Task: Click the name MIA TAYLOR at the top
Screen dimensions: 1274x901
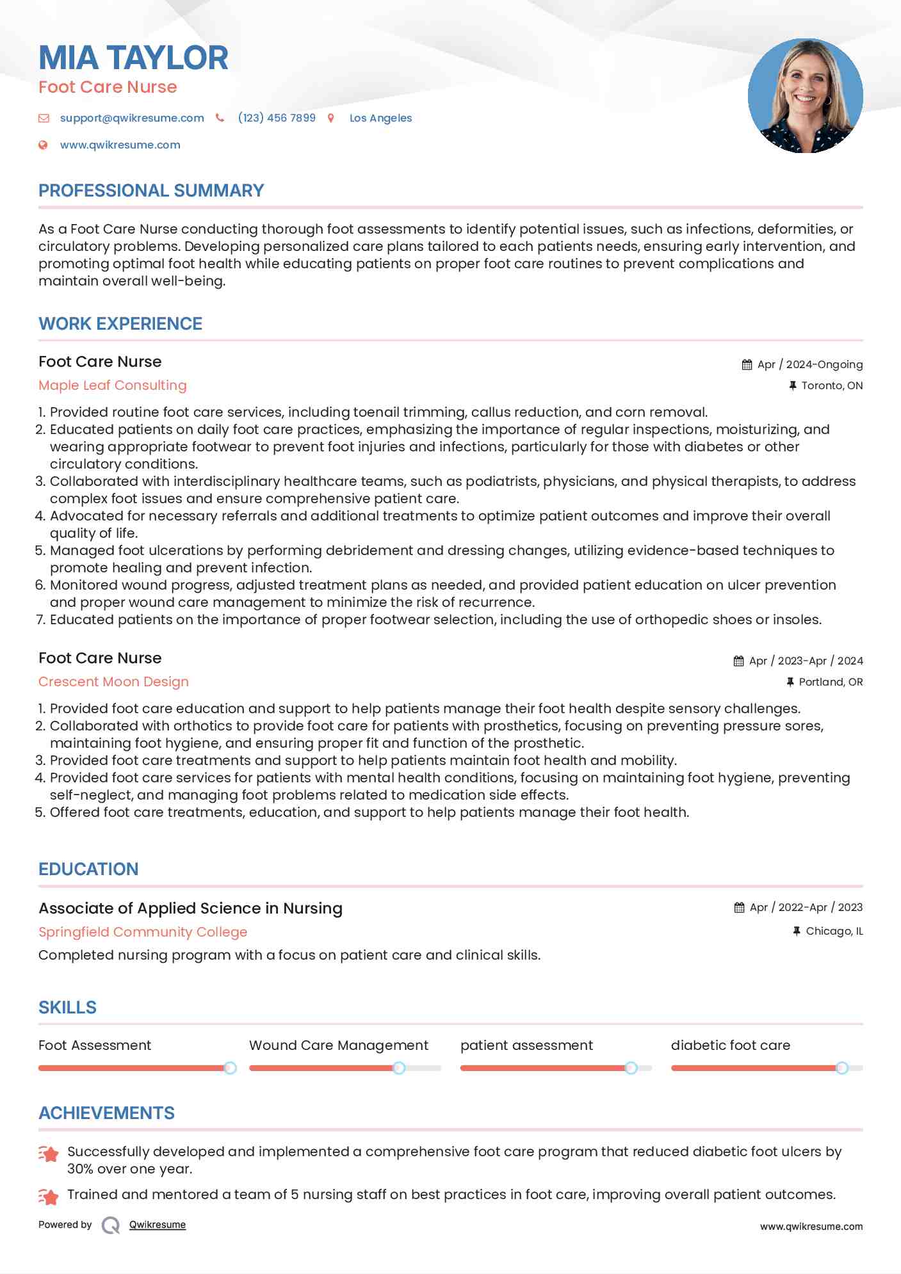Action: (133, 58)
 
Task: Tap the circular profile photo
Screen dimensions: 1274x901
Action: (805, 96)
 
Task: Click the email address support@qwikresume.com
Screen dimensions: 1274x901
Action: (132, 118)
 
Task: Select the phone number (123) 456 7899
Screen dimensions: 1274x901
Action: (277, 118)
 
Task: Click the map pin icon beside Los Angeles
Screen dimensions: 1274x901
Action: (331, 118)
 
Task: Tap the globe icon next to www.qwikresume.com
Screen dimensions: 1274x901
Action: (43, 145)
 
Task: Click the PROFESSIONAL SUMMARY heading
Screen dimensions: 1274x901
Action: (151, 191)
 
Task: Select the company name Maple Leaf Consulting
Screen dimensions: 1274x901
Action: (113, 385)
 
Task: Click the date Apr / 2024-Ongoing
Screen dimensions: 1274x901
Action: (809, 364)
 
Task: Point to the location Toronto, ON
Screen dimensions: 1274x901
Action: (831, 385)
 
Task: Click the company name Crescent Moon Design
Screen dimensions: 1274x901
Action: (113, 682)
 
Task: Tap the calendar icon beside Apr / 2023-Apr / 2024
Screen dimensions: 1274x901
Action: (738, 661)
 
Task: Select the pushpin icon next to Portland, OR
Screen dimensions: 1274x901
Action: (790, 682)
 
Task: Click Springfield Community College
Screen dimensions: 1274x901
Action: (143, 932)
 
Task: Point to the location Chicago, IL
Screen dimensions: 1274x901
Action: (834, 931)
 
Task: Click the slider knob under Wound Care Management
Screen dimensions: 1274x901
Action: (399, 1068)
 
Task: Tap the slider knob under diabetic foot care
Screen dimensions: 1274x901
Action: (842, 1068)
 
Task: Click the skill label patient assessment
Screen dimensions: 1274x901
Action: (526, 1045)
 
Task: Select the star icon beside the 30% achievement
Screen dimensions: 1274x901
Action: (49, 1154)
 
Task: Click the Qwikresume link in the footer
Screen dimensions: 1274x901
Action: (158, 1225)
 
